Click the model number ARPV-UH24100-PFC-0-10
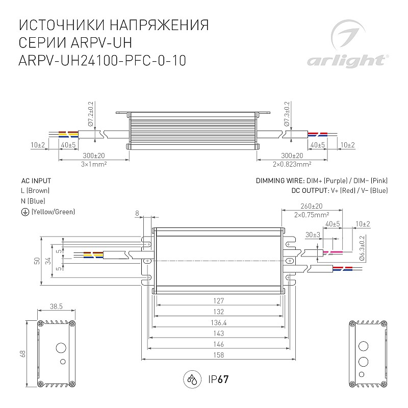click(x=103, y=61)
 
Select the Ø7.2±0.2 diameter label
click(x=91, y=114)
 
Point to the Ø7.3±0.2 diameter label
click(x=287, y=114)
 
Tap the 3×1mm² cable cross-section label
click(x=94, y=164)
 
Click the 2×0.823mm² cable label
click(x=292, y=164)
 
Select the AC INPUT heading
click(x=36, y=181)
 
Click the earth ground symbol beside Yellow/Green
click(x=25, y=212)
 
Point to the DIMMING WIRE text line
click(x=322, y=181)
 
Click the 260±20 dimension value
click(x=312, y=206)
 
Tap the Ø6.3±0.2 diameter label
click(x=362, y=247)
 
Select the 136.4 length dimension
click(x=219, y=323)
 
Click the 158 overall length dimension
click(x=219, y=355)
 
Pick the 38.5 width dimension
click(x=56, y=307)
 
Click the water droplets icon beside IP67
click(x=193, y=379)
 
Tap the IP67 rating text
click(x=218, y=379)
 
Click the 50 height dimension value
click(x=37, y=261)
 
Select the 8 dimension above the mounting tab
click(x=137, y=213)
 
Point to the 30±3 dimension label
click(x=313, y=235)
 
